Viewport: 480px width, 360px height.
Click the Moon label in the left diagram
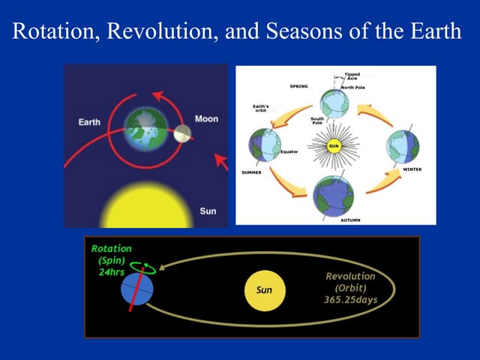pos(206,119)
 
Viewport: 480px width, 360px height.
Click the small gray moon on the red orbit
pos(181,134)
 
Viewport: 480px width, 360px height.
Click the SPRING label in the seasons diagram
pos(298,86)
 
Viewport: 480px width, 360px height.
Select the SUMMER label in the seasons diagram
pos(251,172)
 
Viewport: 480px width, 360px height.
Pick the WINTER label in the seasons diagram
pos(412,169)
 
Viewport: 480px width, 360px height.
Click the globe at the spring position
pos(334,103)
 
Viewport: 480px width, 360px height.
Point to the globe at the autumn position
pos(334,195)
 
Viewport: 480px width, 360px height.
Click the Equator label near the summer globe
pos(289,151)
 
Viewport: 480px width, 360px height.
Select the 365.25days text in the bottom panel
pos(345,301)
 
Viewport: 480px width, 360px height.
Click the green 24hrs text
pos(112,271)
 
